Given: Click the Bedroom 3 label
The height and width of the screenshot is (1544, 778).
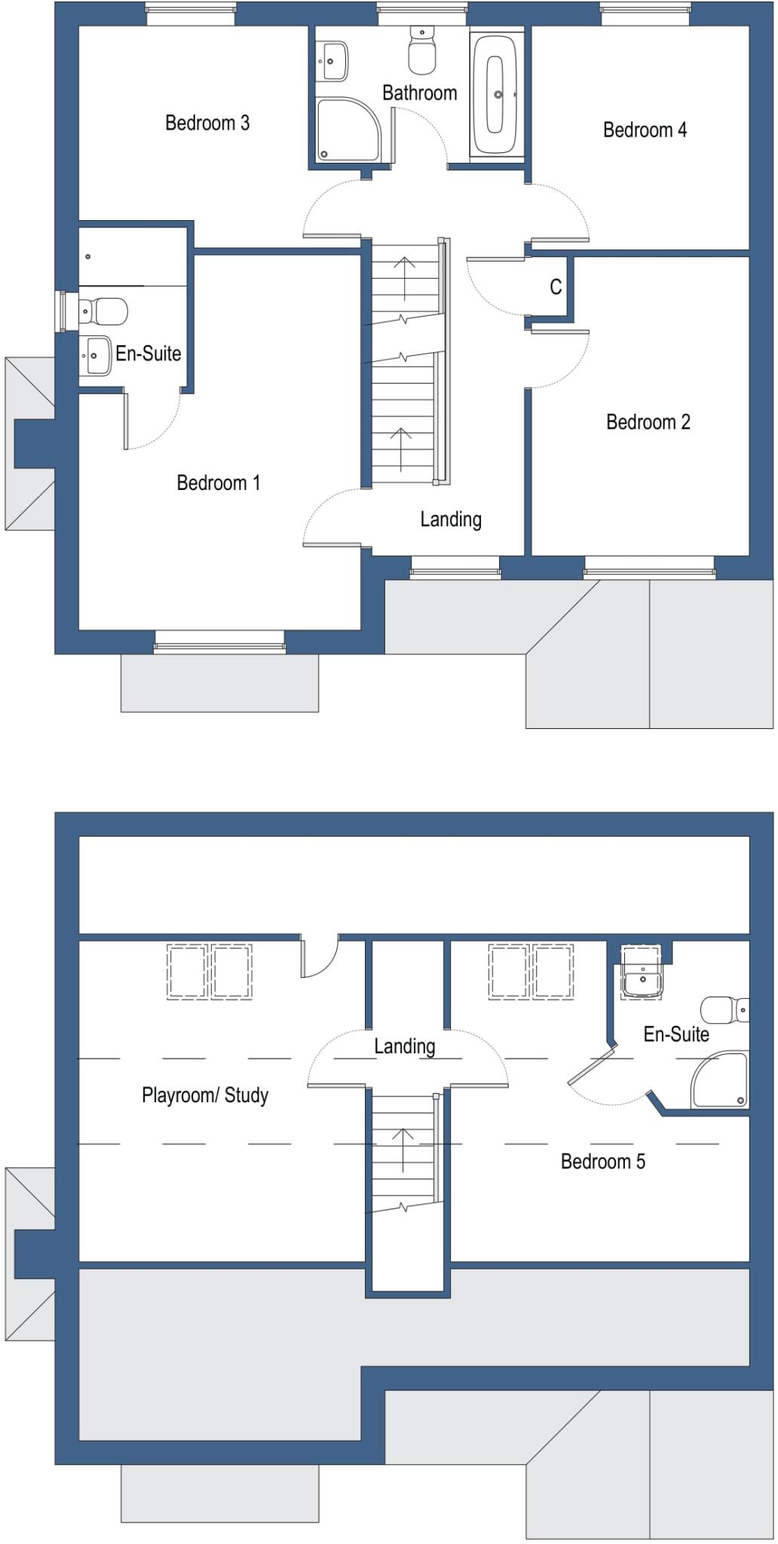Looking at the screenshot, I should pos(207,123).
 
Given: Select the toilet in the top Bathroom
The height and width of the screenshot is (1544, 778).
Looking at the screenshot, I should pos(421,51).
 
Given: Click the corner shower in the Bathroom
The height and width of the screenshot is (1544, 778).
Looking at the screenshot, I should pos(346,129).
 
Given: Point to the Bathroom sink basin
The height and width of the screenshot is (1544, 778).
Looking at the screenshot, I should pos(332,61).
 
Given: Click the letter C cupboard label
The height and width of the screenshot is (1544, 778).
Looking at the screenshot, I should pos(556,286).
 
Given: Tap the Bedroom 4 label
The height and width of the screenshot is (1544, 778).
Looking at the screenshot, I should pos(645,130).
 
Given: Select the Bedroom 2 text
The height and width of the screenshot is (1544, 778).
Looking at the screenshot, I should pos(648,421).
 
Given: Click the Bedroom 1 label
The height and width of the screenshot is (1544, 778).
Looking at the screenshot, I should pos(218,482).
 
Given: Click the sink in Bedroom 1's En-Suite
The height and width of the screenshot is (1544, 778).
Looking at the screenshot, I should pos(96,354).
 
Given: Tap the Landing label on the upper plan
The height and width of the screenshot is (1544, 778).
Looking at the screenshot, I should pos(451,519).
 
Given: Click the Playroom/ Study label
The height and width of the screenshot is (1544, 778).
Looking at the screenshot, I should pos(205,1095).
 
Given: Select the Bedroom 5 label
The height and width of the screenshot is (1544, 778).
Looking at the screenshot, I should pos(602,1161).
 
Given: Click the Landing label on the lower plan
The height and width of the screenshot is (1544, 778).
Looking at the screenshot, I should pos(405,1046).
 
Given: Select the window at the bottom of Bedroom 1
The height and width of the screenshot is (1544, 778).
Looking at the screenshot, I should pos(219,640).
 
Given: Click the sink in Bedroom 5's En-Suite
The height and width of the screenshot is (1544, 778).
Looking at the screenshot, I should pos(642,979).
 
